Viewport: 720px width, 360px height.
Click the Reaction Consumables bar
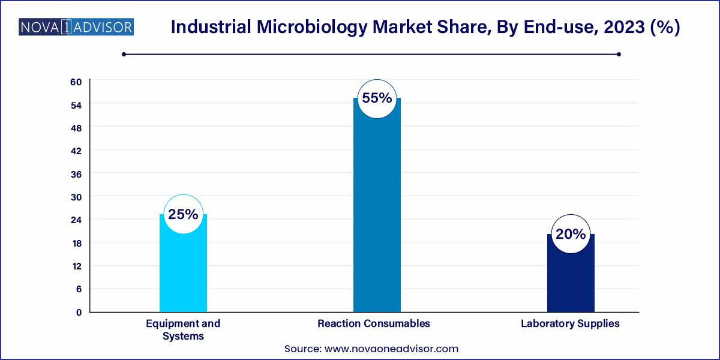click(377, 210)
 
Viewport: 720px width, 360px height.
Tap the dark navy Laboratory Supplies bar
click(571, 276)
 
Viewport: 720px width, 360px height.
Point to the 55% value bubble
click(377, 98)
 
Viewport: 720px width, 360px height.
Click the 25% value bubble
click(183, 214)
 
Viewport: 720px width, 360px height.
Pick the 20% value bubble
click(571, 234)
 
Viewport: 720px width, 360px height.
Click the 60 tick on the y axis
click(76, 82)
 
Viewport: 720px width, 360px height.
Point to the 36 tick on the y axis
click(76, 174)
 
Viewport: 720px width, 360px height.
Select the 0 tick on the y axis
click(79, 312)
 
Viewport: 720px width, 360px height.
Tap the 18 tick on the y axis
click(76, 243)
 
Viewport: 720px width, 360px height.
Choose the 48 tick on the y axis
click(76, 128)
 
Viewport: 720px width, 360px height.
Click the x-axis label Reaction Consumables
click(374, 323)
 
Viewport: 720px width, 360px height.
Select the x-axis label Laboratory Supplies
click(570, 323)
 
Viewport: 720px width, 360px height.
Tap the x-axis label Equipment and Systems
click(183, 329)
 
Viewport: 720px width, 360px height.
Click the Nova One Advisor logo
click(76, 27)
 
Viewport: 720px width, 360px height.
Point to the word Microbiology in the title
click(307, 28)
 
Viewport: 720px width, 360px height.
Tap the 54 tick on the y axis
click(76, 105)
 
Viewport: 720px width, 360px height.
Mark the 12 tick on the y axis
click(76, 266)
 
